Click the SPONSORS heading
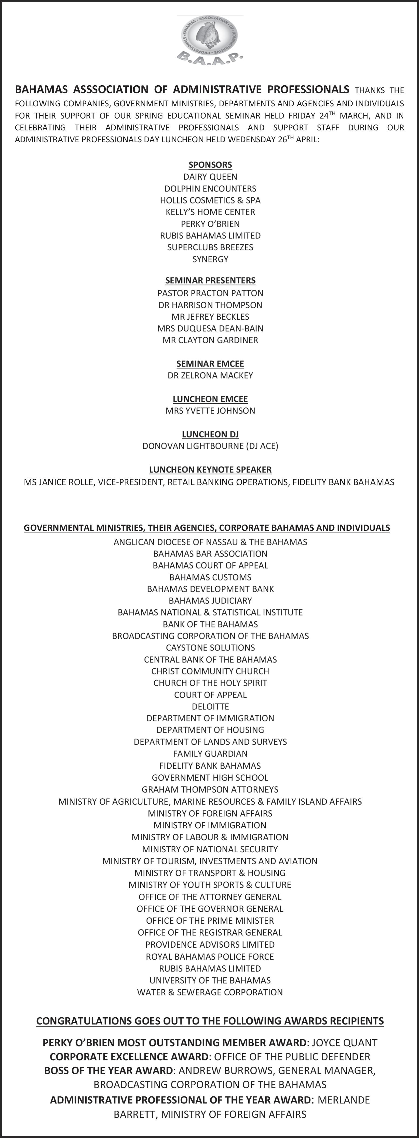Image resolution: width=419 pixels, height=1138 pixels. coord(210,165)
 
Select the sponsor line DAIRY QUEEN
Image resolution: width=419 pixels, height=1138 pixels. coord(210,177)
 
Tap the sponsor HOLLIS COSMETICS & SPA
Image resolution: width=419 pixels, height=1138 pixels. coord(210,200)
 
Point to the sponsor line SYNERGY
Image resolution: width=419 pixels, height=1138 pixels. coord(210,259)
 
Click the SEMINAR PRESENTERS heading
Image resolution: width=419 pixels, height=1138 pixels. coord(210,281)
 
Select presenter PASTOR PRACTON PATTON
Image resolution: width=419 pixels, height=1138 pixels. coord(210,293)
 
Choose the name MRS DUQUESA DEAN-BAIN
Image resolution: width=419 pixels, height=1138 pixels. coord(210,329)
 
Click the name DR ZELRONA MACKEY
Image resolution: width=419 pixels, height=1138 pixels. coord(210,376)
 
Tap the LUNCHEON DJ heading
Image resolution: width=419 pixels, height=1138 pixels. coord(210,434)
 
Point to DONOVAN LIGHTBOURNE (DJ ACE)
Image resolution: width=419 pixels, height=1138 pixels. coord(210,446)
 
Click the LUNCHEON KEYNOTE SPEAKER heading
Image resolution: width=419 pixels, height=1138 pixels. coord(210,470)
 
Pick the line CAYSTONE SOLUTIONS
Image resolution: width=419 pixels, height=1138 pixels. coord(210,648)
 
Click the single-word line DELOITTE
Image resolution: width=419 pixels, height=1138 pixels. coord(210,706)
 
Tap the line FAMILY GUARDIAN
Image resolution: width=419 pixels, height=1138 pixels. coord(210,754)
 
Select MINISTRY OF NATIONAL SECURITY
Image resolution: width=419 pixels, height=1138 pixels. coord(210,849)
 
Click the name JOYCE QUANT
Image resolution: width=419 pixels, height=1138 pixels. coord(344,1043)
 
